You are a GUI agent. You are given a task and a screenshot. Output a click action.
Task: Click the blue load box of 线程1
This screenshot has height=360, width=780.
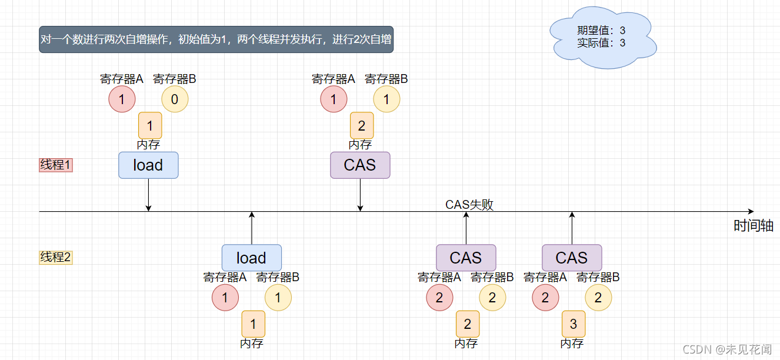pos(148,165)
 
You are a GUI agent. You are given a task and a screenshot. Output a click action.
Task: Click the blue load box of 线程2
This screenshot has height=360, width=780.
pos(252,258)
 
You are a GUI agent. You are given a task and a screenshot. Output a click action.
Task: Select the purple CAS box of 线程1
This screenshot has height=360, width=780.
pos(360,165)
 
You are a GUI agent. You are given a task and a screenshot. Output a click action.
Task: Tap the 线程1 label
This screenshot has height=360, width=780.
pos(55,165)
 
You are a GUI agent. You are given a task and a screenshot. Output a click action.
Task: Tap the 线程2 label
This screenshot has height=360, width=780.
pos(55,257)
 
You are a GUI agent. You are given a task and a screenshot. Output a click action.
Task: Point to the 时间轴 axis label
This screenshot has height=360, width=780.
pos(753,226)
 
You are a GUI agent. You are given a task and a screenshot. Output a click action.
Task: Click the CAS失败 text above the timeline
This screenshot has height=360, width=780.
pos(469,205)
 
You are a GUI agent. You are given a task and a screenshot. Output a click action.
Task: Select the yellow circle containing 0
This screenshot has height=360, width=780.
pos(174,99)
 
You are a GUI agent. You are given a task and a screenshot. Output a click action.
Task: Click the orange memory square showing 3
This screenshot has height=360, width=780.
pos(574,324)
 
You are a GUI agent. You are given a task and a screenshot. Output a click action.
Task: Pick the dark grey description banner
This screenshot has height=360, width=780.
pos(216,40)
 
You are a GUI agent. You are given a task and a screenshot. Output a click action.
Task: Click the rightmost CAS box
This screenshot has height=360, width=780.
pos(572,258)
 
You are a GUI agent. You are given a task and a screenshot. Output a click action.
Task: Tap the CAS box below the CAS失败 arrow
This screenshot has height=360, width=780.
pos(466,258)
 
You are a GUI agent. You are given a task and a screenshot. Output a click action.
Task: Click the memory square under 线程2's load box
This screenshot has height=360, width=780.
pos(254,324)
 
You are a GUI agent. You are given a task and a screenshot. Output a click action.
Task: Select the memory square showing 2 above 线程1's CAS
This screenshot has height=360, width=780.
pos(362,125)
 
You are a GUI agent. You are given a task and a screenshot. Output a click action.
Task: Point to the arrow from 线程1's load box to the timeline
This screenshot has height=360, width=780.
pos(148,194)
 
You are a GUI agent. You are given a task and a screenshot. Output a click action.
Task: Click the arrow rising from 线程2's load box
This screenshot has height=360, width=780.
pos(252,228)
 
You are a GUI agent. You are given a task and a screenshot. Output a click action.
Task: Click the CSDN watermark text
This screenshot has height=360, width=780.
pos(727,349)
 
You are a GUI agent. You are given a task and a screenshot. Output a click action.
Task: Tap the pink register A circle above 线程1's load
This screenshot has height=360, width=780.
pos(122,99)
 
